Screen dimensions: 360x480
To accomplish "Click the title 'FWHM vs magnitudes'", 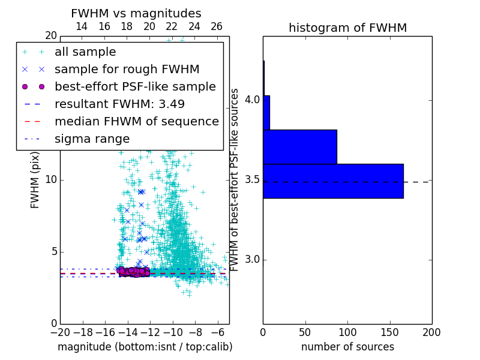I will pos(136,13).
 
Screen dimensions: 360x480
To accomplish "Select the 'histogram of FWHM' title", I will pos(347,28).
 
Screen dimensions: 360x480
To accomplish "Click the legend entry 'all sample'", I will pos(85,52).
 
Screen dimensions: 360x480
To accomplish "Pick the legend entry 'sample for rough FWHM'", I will pos(127,69).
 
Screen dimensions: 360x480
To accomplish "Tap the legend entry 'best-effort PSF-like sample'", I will pos(135,86).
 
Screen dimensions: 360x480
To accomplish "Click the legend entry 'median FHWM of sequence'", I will pos(136,121).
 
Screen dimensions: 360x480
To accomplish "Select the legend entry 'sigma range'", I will pos(92,139).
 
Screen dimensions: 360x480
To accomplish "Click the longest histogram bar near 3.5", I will pos(333,181).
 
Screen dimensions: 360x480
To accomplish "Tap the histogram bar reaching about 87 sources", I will pos(300,146).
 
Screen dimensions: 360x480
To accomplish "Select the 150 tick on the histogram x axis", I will pos(389,331).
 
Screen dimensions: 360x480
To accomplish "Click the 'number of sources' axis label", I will pos(347,347).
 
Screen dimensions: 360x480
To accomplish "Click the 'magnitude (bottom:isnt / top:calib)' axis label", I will pos(145,347).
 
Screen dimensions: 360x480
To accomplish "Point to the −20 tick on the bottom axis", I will pos(60,331).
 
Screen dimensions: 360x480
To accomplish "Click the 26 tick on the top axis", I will pos(217,26).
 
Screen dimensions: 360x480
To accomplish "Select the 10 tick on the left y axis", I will pos(50,179).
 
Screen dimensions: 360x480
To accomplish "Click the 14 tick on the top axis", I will pos(82,26).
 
